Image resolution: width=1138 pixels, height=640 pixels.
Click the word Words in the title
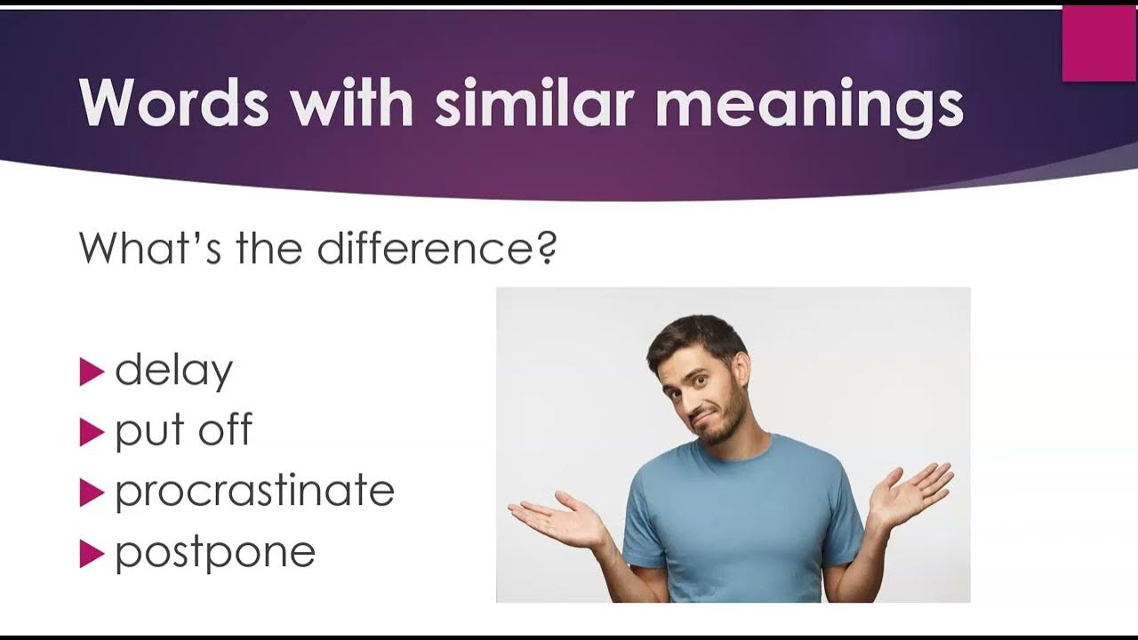click(x=173, y=103)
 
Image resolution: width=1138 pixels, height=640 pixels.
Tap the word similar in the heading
click(x=535, y=102)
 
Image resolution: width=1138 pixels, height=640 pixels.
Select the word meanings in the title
click(x=809, y=108)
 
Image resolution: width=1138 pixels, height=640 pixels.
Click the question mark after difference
click(x=547, y=248)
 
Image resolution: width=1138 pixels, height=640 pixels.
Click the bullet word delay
click(x=173, y=372)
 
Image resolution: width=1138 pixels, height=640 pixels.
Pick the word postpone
click(x=215, y=554)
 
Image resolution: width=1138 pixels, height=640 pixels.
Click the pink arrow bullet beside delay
click(x=92, y=372)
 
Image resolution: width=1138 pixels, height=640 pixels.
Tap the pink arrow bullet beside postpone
click(x=92, y=554)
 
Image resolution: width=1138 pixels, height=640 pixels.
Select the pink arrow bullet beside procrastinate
click(x=92, y=492)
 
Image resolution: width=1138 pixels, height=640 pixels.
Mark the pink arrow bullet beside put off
click(x=92, y=432)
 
